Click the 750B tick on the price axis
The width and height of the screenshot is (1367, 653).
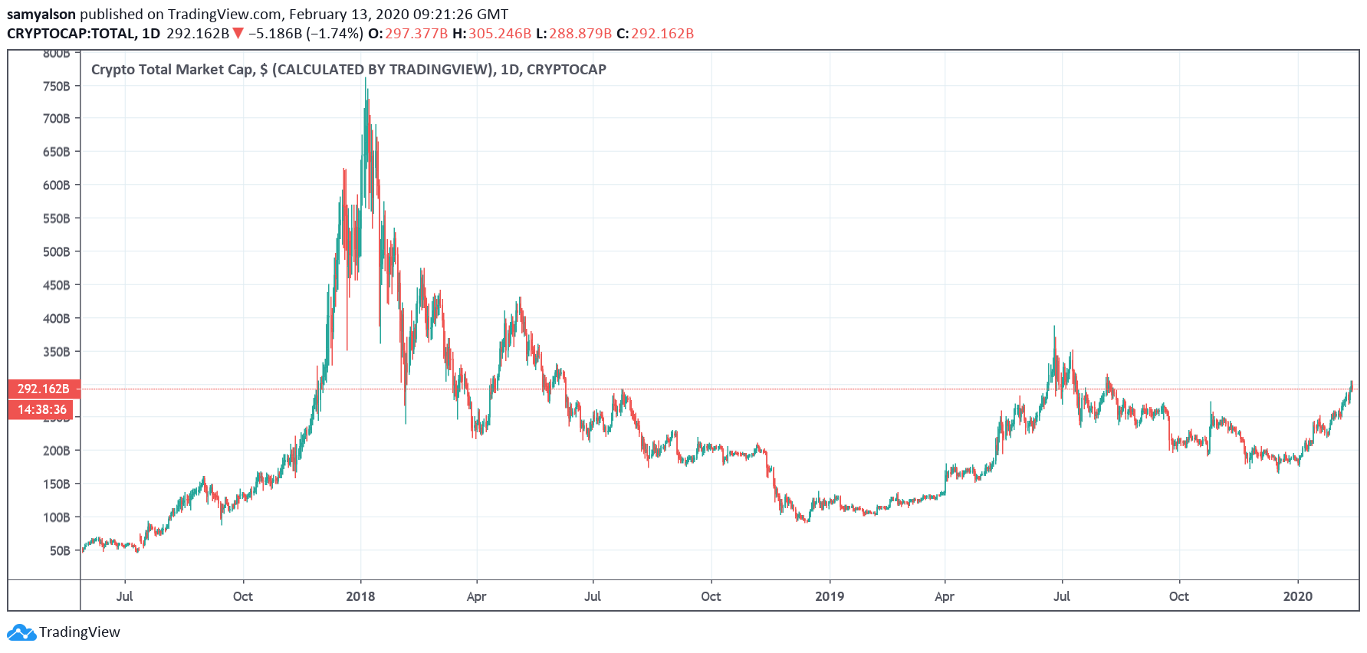tap(56, 86)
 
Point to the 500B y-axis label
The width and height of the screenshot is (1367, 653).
tap(56, 251)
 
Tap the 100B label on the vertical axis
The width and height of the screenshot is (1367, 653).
tap(56, 517)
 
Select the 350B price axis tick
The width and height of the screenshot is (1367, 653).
tap(56, 352)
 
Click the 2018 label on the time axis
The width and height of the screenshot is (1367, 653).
tap(360, 596)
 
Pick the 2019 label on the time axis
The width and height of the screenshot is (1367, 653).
tap(830, 596)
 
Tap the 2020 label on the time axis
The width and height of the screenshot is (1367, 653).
tap(1298, 596)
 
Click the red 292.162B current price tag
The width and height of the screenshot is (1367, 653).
tap(44, 389)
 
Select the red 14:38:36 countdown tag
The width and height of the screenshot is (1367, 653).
tap(44, 409)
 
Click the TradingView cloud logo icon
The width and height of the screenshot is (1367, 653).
tap(21, 632)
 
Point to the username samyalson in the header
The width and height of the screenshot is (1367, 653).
tap(41, 14)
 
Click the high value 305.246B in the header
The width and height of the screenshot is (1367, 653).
tap(500, 33)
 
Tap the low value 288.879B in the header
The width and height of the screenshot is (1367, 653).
tap(580, 33)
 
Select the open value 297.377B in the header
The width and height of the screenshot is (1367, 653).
tap(416, 33)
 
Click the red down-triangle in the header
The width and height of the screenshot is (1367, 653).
tap(238, 33)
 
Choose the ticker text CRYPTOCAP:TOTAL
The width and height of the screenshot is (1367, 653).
tap(72, 33)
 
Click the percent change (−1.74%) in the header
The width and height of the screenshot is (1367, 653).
tap(334, 33)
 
